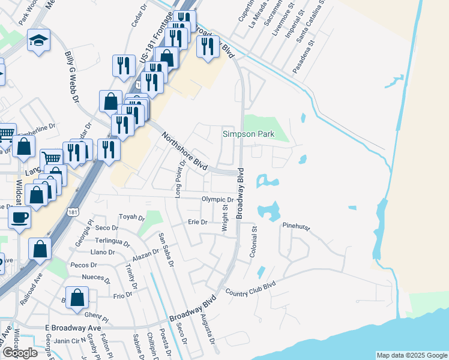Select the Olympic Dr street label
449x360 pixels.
tap(217, 200)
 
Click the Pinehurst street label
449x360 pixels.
tap(295, 226)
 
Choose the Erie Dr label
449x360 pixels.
tap(197, 222)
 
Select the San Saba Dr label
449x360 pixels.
tap(166, 250)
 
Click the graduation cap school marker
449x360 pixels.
tap(38, 41)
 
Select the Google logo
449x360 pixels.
tap(19, 352)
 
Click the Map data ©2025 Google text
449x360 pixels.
tap(411, 355)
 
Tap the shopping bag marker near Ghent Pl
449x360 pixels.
tap(77, 297)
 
